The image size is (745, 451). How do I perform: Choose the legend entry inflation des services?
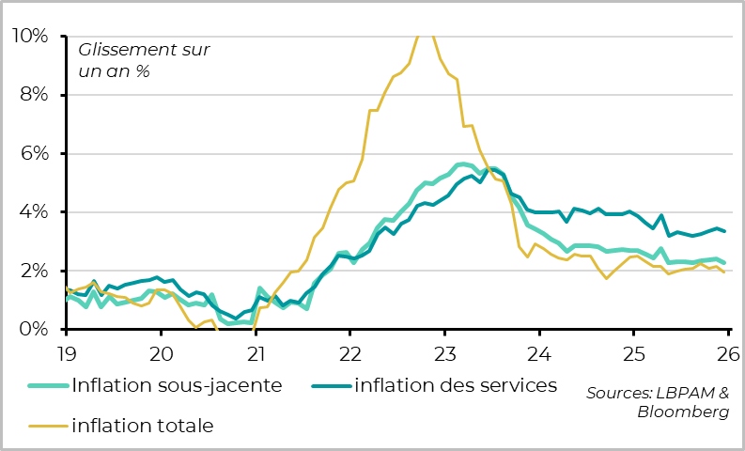coord(456,385)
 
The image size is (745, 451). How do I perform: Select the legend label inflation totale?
coord(143,426)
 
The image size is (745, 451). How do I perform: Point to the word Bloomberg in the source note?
coord(683,412)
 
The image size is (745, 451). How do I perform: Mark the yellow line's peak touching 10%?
coord(426,36)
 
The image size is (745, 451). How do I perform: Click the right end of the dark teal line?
coord(724,231)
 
